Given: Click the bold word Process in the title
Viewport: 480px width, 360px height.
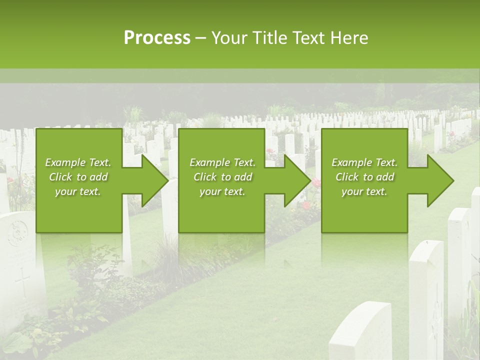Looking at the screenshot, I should pos(157,38).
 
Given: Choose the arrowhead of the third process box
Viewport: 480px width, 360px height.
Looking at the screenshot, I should pos(440,180).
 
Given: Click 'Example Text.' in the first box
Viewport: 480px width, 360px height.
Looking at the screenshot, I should pos(78,162).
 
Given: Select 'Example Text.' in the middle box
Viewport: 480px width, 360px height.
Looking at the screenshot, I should pos(222,162).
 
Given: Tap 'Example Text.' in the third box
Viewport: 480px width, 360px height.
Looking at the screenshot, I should pos(364,162).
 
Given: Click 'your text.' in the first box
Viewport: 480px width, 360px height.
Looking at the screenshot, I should pos(78,191).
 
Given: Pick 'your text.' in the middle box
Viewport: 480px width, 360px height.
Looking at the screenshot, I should pos(222,191).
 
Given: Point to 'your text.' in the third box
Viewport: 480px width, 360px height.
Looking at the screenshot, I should pos(364,191).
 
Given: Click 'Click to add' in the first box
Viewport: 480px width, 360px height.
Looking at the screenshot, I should pos(78,177).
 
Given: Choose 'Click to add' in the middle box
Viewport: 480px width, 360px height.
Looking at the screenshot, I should pos(222,177).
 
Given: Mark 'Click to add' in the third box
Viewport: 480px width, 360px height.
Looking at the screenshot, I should pos(364,177).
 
